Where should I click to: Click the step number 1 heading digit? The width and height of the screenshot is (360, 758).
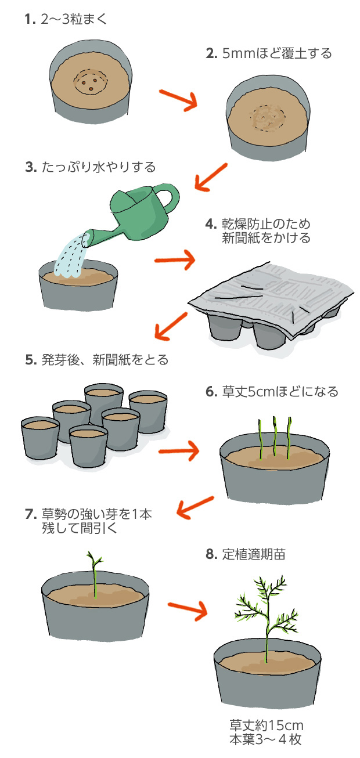27,19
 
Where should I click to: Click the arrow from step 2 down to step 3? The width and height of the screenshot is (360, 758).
210,176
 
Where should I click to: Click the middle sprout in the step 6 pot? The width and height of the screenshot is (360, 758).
274,438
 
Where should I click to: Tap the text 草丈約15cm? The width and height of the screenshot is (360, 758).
267,725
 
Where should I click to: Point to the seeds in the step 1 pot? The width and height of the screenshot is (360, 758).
90,85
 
